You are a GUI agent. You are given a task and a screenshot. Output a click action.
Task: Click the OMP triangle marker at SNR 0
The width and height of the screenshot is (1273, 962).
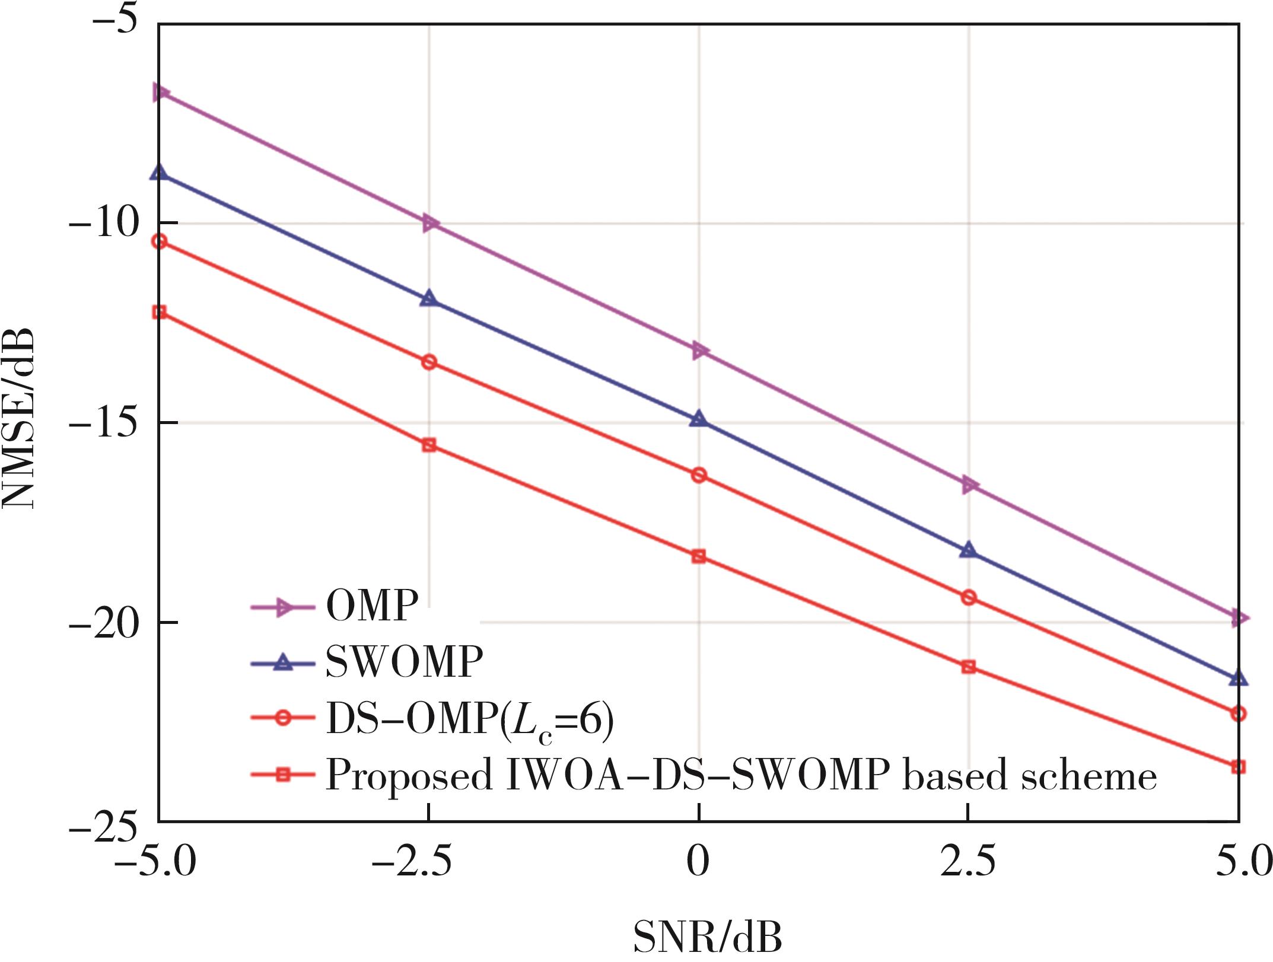(699, 351)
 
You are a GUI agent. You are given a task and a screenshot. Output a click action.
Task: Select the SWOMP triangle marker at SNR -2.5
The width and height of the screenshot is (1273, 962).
(429, 298)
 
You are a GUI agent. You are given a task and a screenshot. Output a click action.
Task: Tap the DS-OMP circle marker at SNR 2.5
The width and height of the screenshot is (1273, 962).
(968, 597)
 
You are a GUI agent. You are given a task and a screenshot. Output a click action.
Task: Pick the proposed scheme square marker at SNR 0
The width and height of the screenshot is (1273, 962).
(699, 556)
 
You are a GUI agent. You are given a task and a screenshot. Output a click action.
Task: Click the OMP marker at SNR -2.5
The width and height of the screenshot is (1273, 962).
(430, 224)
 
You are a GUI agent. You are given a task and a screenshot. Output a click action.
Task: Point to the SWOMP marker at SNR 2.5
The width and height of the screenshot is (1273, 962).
(968, 550)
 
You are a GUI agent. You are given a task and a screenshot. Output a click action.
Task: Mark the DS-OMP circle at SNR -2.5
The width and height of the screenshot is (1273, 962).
(429, 362)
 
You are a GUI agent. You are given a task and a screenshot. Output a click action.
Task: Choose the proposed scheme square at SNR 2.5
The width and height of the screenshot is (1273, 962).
(968, 667)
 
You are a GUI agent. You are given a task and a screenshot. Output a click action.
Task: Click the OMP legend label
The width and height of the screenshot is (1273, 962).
(373, 606)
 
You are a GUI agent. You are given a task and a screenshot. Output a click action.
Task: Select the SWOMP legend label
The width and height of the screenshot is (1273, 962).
(405, 661)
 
